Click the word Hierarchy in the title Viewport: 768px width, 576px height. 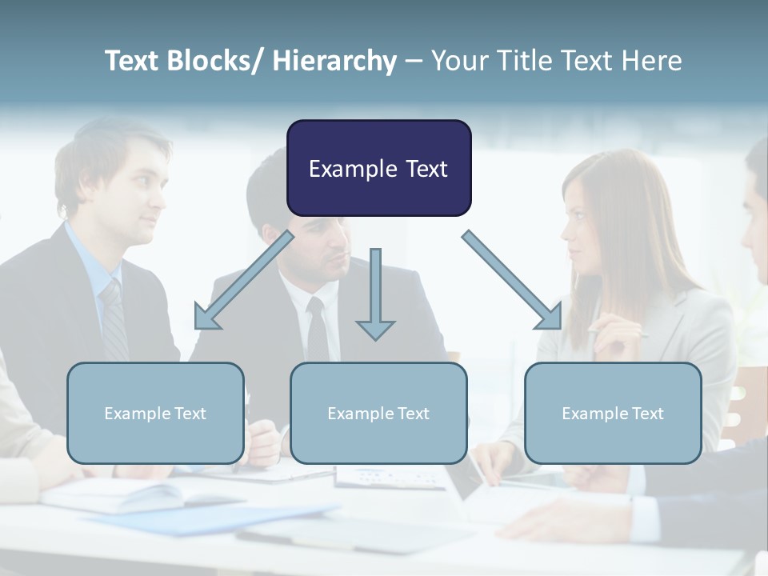click(334, 61)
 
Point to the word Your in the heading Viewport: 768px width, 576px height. click(458, 61)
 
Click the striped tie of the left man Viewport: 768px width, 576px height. click(114, 320)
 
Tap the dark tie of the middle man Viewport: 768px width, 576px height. click(318, 328)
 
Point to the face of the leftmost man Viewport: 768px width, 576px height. click(128, 192)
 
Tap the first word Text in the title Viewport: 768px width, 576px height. click(133, 61)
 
